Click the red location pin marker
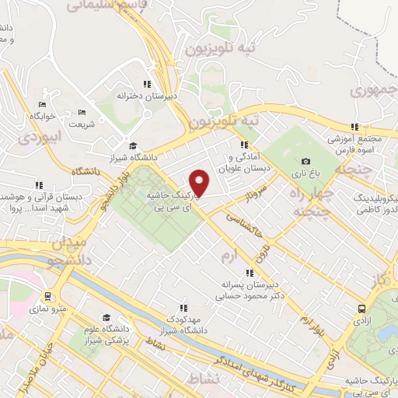(x=201, y=183)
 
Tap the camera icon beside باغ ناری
(x=305, y=162)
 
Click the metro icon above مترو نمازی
(x=49, y=296)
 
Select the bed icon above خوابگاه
(x=42, y=104)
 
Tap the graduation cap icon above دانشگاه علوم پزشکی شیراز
(x=106, y=317)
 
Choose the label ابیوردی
(x=34, y=138)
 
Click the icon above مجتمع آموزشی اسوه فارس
(x=354, y=127)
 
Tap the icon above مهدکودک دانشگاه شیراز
(x=183, y=308)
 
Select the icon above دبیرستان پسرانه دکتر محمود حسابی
(x=250, y=273)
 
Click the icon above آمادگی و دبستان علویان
(x=244, y=144)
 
